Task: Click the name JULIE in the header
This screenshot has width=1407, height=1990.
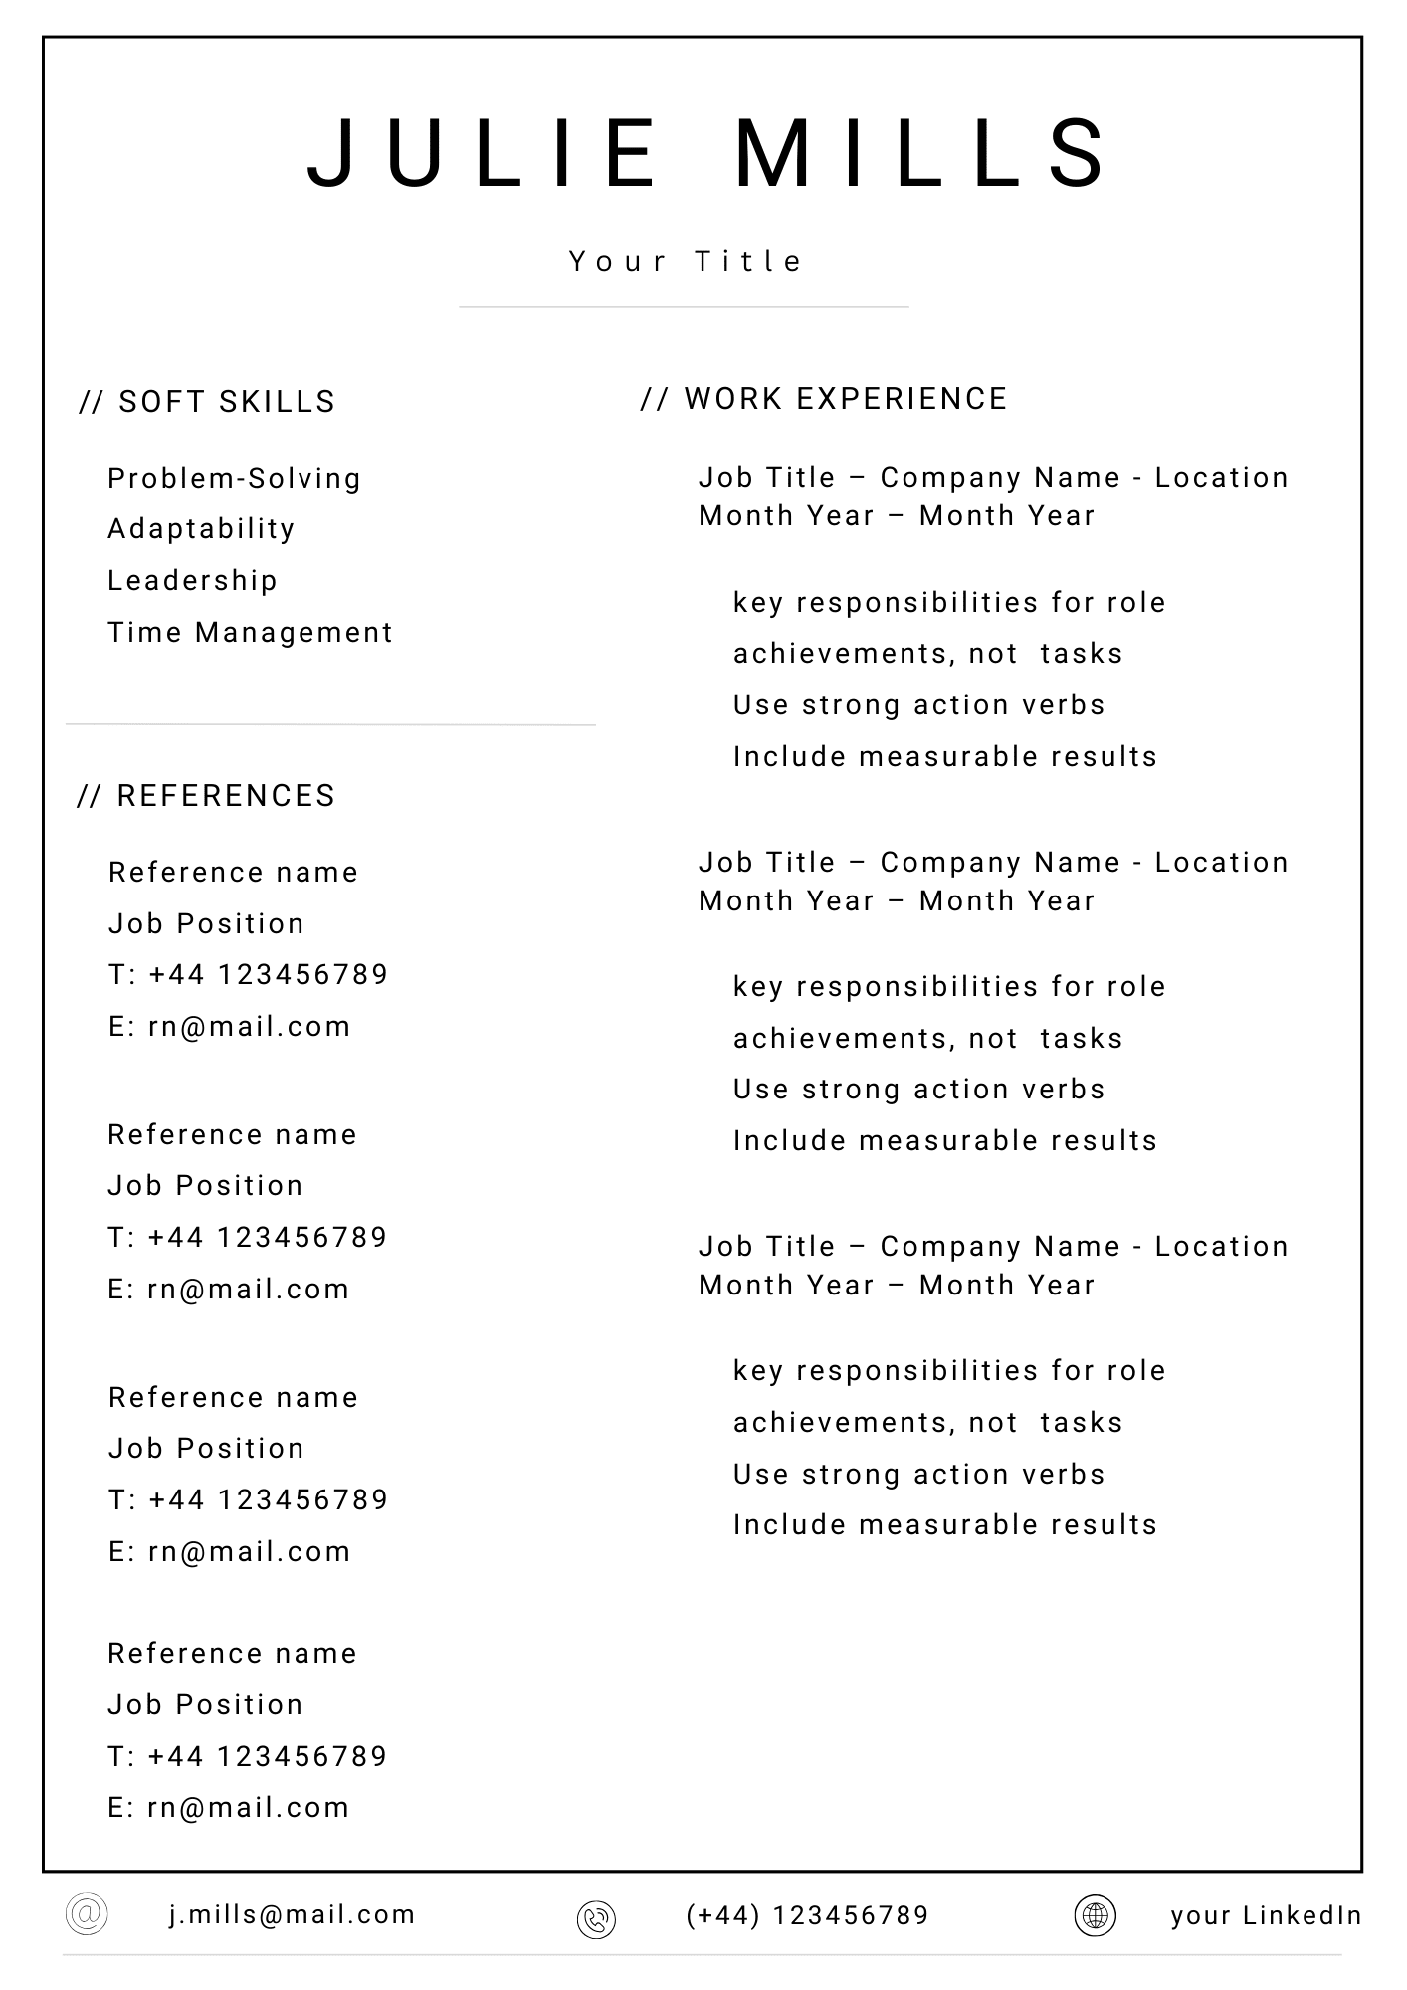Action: click(482, 154)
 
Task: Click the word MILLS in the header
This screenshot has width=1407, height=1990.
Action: click(920, 154)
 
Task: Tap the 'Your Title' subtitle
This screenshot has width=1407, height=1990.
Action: click(686, 261)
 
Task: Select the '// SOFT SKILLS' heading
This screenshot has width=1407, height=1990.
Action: click(207, 402)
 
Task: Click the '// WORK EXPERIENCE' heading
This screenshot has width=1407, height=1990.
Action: click(824, 399)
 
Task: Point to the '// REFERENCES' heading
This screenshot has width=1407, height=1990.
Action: click(206, 796)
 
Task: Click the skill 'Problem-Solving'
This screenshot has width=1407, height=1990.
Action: click(234, 479)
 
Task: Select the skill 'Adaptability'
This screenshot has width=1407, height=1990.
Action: click(201, 529)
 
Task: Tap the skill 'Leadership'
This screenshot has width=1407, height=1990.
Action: click(192, 581)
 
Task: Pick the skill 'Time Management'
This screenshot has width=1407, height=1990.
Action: click(250, 633)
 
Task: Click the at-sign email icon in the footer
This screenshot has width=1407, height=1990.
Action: click(87, 1913)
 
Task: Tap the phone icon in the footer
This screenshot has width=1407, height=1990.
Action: click(596, 1919)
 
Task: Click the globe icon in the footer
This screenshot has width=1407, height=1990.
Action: click(1095, 1915)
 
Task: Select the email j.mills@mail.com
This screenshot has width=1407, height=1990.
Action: click(292, 1915)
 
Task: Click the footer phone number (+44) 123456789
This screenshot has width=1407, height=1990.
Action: click(807, 1916)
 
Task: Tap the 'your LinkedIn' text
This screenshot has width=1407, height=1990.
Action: click(1266, 1916)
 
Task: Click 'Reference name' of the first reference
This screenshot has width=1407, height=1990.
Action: click(233, 873)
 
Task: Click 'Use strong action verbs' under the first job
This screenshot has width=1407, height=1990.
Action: click(918, 705)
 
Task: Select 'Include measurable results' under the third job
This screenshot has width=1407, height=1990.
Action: click(944, 1525)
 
